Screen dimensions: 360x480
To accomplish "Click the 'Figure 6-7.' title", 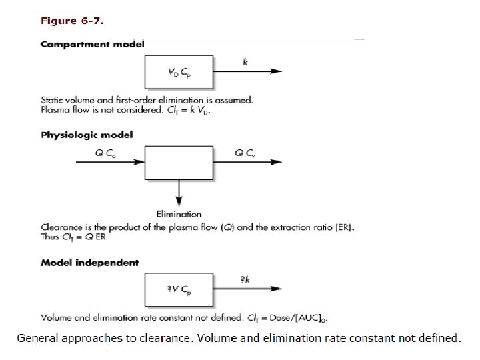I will pos(72,21).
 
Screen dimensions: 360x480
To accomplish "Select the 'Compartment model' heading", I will pos(93,45).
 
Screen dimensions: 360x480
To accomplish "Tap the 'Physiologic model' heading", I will pos(87,135).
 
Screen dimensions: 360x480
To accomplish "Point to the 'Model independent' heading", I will pos(91,263).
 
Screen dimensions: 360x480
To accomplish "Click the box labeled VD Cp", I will pos(179,72).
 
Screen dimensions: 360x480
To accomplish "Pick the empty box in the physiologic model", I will pos(179,162).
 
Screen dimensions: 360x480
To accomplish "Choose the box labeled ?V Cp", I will pos(179,289).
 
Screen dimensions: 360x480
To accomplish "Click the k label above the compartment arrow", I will pos(245,62).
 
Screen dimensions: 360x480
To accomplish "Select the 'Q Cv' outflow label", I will pos(244,153).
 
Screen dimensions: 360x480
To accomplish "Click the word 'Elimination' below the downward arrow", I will pos(179,214).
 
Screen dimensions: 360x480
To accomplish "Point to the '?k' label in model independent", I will pos(245,280).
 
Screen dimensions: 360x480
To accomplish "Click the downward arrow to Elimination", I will pos(179,194).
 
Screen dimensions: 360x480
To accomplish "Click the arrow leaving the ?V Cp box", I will pos(247,289).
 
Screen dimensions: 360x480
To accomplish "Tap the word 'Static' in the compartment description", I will pos(52,101).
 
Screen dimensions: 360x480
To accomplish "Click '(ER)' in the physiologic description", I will pos(343,227).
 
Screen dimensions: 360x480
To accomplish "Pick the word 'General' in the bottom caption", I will pos(38,338).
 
